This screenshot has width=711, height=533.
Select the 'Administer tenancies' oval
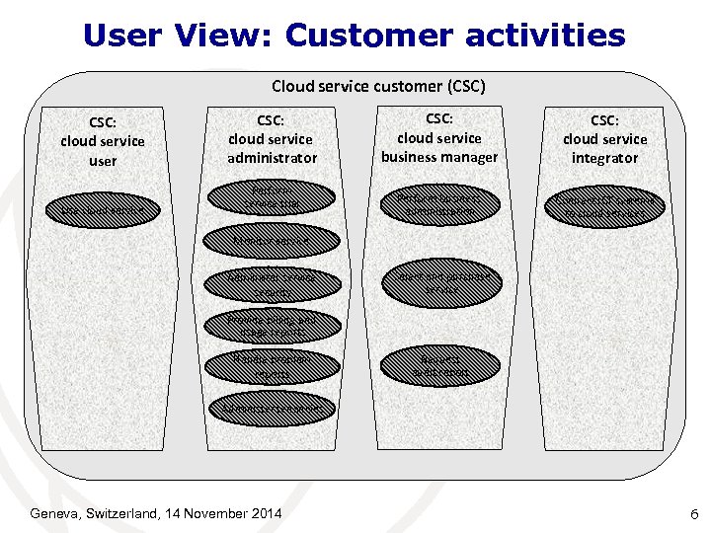pyautogui.click(x=270, y=407)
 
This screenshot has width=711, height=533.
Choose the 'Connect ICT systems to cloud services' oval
pyautogui.click(x=604, y=205)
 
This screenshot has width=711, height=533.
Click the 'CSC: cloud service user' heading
pyautogui.click(x=102, y=141)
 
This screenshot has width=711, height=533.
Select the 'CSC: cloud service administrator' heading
pyautogui.click(x=272, y=138)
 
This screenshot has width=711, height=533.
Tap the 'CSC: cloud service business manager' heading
pyautogui.click(x=439, y=138)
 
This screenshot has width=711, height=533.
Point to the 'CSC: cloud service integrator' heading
pyautogui.click(x=604, y=139)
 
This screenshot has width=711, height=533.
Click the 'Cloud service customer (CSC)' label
pyautogui.click(x=378, y=86)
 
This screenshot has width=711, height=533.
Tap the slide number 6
pyautogui.click(x=694, y=514)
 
